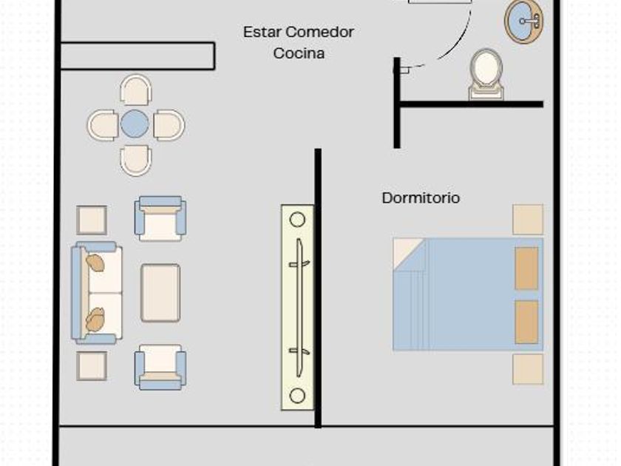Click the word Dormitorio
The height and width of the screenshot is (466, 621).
point(421,198)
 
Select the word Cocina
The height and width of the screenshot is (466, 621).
point(299,53)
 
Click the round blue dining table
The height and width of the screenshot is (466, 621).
point(135,124)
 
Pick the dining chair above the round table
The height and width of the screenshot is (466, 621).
point(136,90)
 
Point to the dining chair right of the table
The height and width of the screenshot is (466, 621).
point(169,125)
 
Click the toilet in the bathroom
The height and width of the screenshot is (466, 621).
point(486,72)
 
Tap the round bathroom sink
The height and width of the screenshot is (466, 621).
point(523,21)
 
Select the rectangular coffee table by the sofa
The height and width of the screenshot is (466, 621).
point(160,293)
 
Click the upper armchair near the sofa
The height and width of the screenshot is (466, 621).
point(160,218)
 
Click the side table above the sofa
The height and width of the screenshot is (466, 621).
point(92,220)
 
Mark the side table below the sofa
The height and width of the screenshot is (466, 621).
point(92,365)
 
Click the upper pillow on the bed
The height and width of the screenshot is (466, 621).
point(526,268)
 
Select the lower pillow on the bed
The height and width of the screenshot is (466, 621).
point(526,322)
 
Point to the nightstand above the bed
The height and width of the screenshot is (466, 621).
point(528,220)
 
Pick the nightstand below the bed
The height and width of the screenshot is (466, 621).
point(528,369)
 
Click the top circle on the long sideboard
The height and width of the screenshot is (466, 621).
point(297,220)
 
